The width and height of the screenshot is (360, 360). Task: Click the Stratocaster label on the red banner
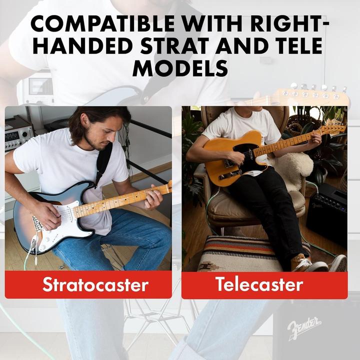click(x=88, y=284)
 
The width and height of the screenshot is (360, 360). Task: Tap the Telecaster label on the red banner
click(x=259, y=284)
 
